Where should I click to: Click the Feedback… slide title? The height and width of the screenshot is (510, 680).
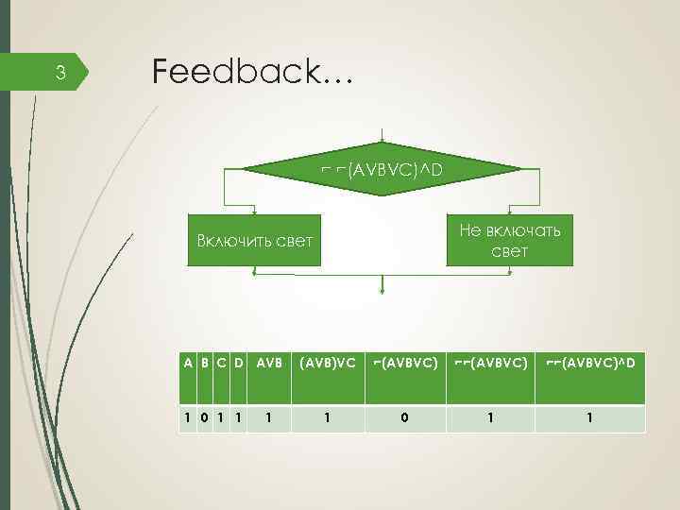pos(250,72)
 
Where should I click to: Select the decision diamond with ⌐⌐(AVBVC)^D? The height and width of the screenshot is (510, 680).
pos(382,170)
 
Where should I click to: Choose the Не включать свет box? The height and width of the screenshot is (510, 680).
pos(510,240)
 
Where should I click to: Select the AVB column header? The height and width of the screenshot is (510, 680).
pos(269,362)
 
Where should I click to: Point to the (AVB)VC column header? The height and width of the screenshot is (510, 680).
pos(326,362)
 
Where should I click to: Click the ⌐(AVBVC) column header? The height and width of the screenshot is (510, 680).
pos(404,362)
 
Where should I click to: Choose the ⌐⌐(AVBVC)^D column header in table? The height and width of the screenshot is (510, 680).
pos(590,362)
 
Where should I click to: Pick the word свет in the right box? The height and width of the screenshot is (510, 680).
pos(510,251)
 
